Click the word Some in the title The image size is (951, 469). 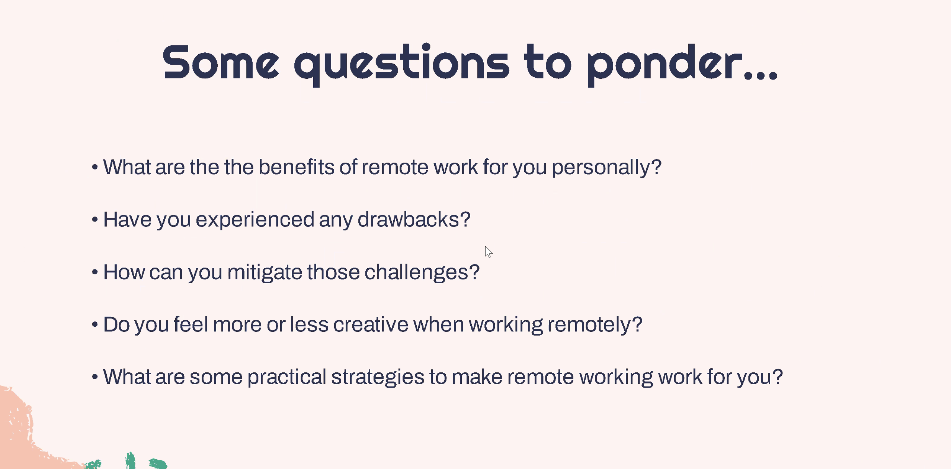click(221, 62)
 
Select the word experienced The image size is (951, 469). click(255, 220)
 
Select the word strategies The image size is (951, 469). click(378, 378)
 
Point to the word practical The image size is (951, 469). click(287, 378)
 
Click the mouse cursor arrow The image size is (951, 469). click(489, 252)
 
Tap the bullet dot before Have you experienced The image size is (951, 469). click(95, 220)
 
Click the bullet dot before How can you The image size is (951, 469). click(95, 272)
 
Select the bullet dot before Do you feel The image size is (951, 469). click(95, 324)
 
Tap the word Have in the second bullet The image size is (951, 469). click(127, 219)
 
